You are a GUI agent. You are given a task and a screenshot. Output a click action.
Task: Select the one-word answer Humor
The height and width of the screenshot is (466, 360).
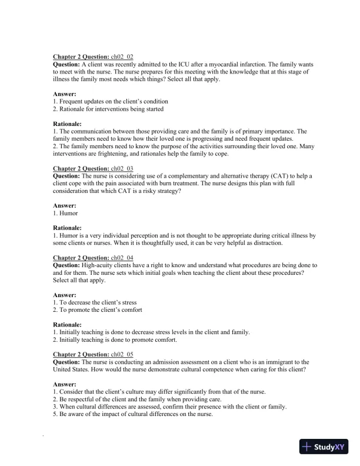click(x=68, y=213)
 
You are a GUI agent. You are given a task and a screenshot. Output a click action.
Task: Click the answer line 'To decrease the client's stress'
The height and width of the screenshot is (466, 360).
click(x=98, y=302)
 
